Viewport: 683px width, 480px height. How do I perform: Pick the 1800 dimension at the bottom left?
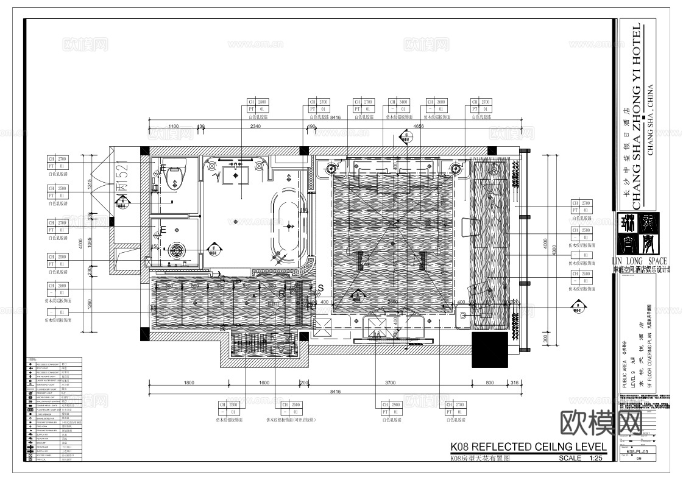[x=188, y=383]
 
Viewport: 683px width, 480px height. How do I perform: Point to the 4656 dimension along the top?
[x=418, y=126]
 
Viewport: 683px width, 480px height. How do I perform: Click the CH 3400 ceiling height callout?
[x=400, y=105]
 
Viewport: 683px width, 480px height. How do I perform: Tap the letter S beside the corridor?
[x=321, y=287]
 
